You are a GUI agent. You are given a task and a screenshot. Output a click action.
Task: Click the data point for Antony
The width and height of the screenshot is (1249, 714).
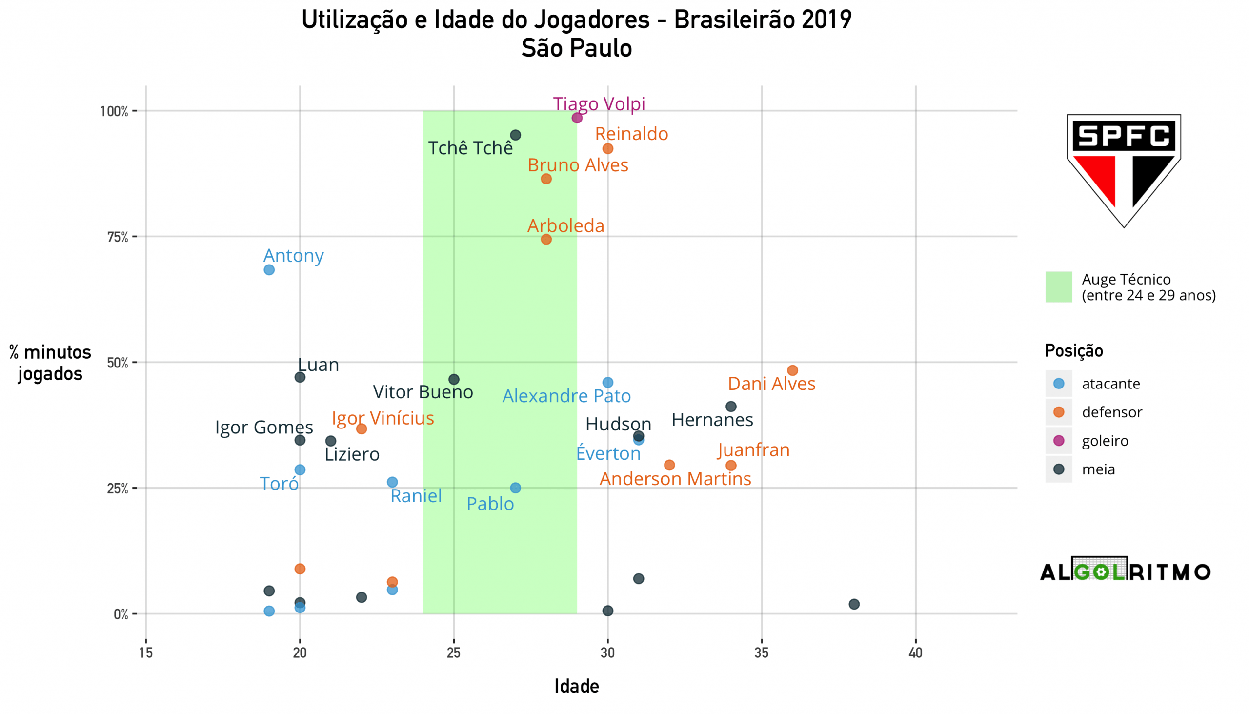(269, 270)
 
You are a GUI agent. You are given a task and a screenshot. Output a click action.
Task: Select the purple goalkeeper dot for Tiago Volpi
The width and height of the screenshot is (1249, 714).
(577, 118)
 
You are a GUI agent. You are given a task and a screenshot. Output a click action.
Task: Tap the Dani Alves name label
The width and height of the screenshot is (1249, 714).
(771, 384)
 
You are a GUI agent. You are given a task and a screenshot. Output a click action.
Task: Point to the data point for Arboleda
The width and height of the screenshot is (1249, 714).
(546, 239)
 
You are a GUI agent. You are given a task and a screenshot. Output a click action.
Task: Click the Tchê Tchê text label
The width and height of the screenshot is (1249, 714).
(470, 148)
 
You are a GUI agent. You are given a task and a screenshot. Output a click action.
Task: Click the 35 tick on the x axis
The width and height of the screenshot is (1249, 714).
(761, 653)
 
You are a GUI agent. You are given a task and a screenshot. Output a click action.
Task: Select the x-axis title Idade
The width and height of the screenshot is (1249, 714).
(577, 687)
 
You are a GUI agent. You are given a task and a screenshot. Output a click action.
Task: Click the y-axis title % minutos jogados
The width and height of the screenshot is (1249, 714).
(50, 363)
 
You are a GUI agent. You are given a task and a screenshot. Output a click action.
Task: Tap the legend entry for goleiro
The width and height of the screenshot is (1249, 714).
(1105, 441)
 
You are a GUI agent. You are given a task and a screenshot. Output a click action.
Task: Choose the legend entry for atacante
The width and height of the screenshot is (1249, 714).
(1110, 384)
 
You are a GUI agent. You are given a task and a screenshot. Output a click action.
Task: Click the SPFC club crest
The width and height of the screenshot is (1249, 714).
(1124, 170)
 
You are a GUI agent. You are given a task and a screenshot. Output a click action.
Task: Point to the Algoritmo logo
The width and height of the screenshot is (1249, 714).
(1125, 571)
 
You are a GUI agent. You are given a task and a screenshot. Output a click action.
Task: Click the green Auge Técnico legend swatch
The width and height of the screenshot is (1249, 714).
(1058, 287)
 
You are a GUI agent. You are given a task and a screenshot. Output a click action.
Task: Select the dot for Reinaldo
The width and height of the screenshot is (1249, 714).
(608, 148)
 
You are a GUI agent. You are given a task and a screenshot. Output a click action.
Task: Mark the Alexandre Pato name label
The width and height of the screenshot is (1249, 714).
(566, 396)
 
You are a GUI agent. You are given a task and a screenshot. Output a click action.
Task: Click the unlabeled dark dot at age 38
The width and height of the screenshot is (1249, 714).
(854, 604)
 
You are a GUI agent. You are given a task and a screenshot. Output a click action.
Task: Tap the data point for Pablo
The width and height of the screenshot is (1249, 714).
(515, 488)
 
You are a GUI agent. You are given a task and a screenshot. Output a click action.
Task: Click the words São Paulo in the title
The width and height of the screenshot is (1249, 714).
(577, 48)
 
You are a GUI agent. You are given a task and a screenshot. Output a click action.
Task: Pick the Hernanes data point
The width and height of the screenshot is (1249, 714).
(731, 407)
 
